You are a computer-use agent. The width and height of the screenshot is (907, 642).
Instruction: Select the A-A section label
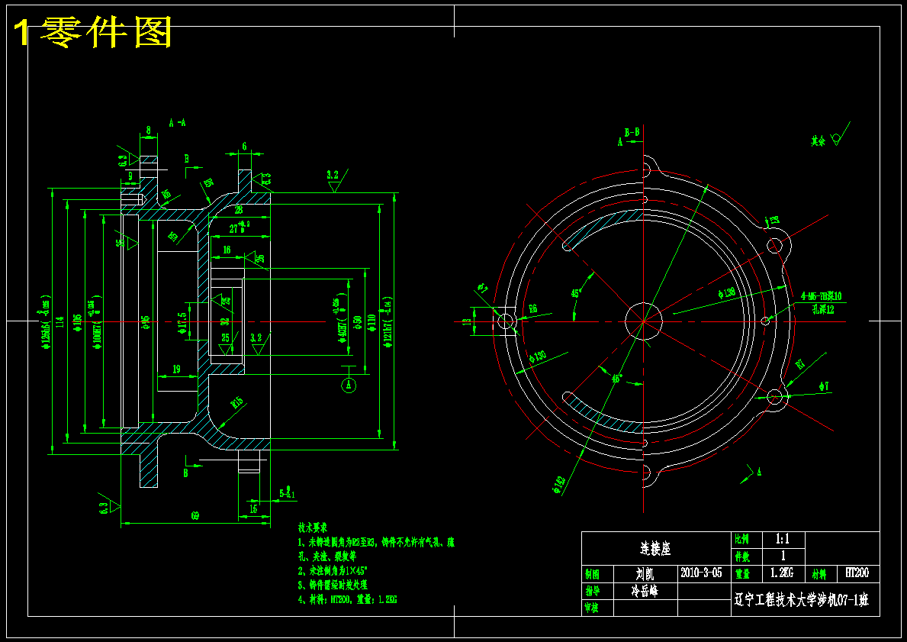pyautogui.click(x=177, y=122)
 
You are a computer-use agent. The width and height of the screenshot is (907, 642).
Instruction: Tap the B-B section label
pyautogui.click(x=632, y=131)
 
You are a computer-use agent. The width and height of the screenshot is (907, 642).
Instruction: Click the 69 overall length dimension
pyautogui.click(x=195, y=516)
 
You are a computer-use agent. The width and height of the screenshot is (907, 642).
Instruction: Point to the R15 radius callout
pyautogui.click(x=236, y=402)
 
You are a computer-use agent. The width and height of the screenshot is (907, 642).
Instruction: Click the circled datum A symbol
pyautogui.click(x=349, y=386)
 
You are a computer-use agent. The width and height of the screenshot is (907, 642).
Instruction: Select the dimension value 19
pyautogui.click(x=176, y=369)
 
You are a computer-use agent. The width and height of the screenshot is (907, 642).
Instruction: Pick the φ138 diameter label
pyautogui.click(x=725, y=292)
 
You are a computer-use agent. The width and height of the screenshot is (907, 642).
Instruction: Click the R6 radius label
pyautogui.click(x=532, y=308)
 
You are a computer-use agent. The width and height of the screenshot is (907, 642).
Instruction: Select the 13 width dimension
pyautogui.click(x=466, y=321)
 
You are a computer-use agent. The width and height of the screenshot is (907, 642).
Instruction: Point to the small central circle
pyautogui.click(x=642, y=320)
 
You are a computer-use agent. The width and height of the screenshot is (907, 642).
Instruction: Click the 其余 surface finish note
pyautogui.click(x=818, y=141)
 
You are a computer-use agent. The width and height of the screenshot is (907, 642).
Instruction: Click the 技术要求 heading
pyautogui.click(x=313, y=527)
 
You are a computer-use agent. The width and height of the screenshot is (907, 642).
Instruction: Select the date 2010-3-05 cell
pyautogui.click(x=701, y=573)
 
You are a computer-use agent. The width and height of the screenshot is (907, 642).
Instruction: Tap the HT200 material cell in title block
pyautogui.click(x=857, y=573)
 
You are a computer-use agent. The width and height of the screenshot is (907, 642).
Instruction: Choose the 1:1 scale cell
pyautogui.click(x=782, y=538)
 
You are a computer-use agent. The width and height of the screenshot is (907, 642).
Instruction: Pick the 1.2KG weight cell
pyautogui.click(x=782, y=573)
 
